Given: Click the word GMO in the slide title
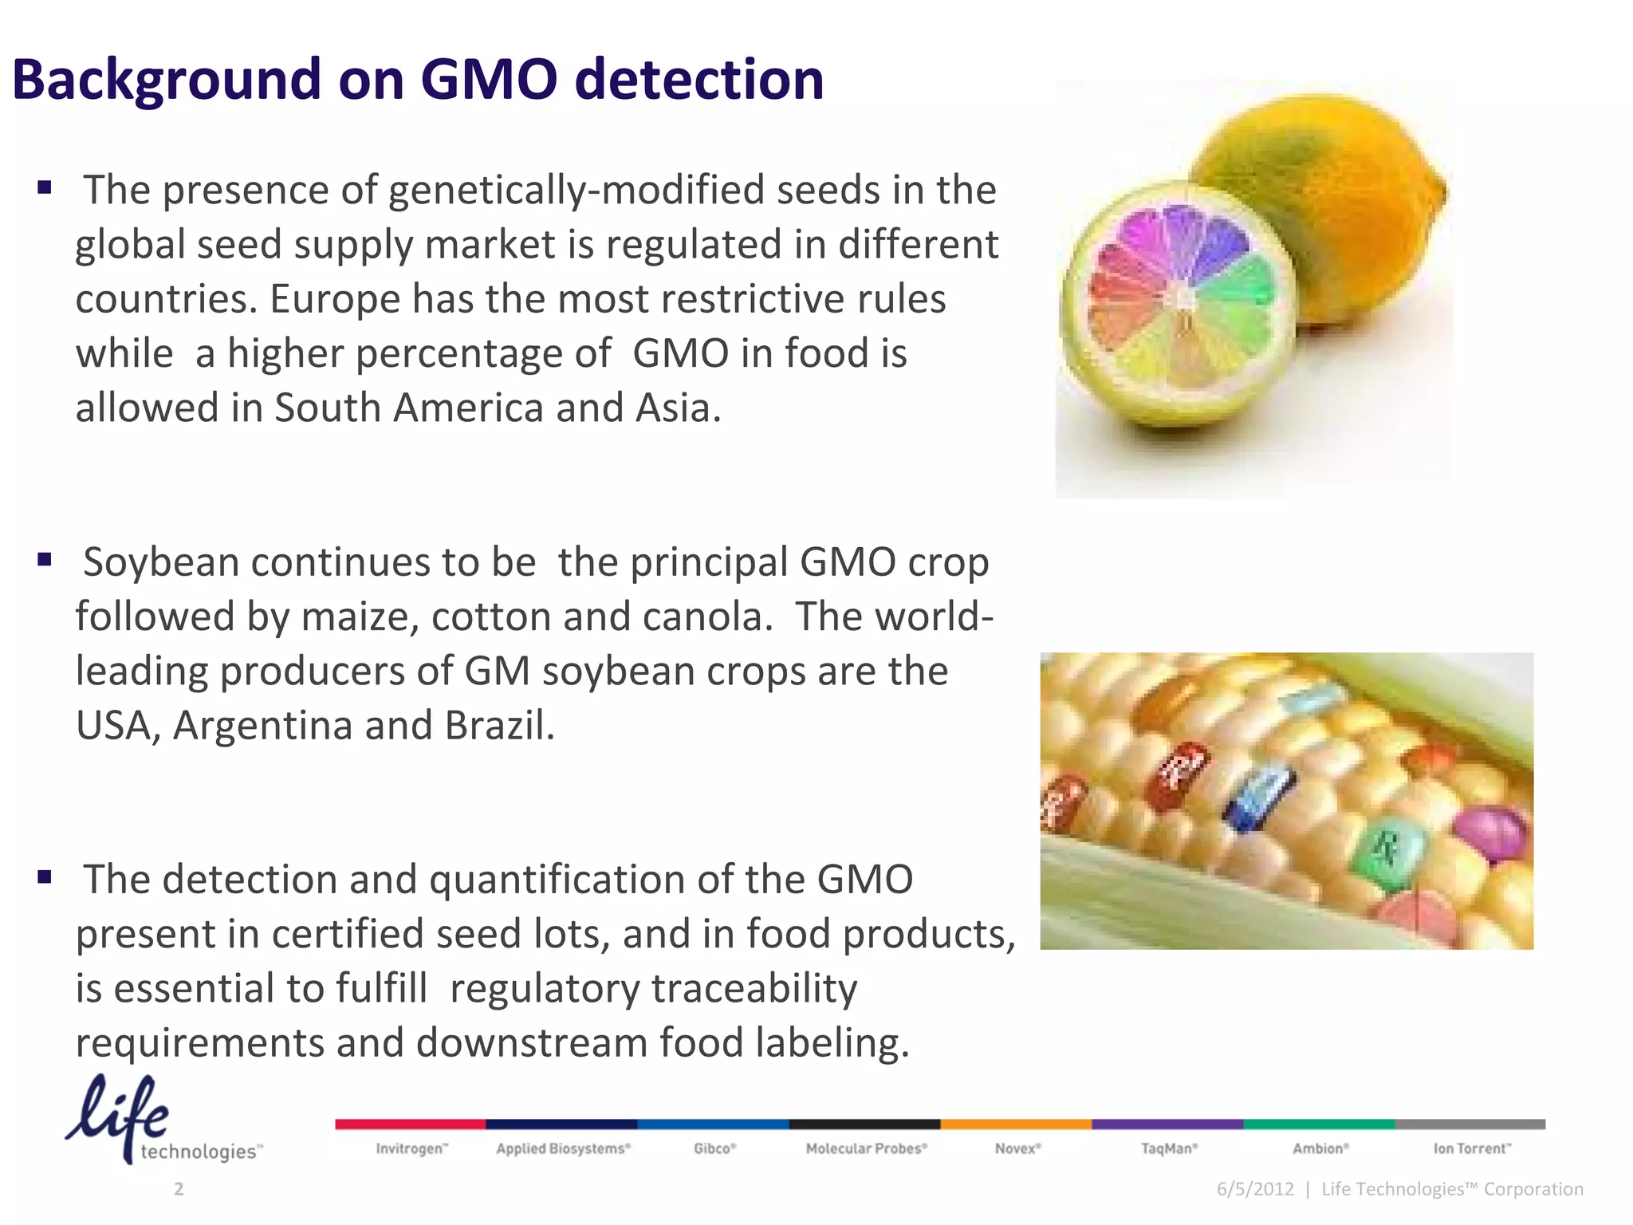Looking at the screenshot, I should point(488,80).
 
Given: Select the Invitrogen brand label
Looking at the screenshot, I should point(411,1148).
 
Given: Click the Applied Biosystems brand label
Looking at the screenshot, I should point(563,1148).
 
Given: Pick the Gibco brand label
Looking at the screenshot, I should point(714,1148).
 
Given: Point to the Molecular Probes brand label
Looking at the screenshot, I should point(866,1148).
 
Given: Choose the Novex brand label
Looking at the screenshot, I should point(1017,1148).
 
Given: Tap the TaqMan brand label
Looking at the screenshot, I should point(1169,1148).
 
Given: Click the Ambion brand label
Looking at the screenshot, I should point(1320,1148).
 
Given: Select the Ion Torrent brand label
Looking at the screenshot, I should point(1472,1148).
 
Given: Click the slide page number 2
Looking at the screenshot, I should point(179,1189).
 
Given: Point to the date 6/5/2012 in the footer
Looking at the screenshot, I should point(1255,1189).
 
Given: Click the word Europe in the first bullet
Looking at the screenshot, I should point(335,299).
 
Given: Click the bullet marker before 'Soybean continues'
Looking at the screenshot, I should point(45,560).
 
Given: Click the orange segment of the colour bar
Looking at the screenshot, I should point(1016,1124).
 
